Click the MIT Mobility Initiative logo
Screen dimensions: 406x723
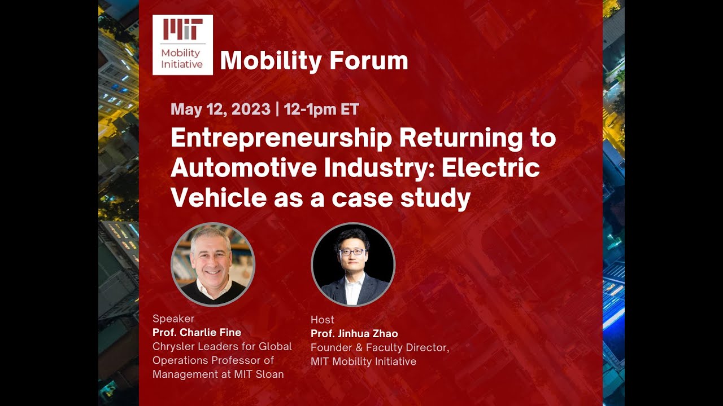tap(182, 45)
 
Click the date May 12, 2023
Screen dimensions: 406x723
tap(220, 109)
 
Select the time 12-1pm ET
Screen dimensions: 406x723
tap(321, 109)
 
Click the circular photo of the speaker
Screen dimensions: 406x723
tap(213, 264)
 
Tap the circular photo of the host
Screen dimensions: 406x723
tap(353, 264)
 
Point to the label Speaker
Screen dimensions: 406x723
tap(173, 319)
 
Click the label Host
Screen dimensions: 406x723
tap(323, 320)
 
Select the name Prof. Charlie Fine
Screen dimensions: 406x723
tap(197, 333)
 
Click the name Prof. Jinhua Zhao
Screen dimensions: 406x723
tap(354, 334)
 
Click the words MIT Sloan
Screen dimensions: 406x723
tap(259, 374)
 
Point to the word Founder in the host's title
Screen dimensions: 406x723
tap(333, 348)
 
